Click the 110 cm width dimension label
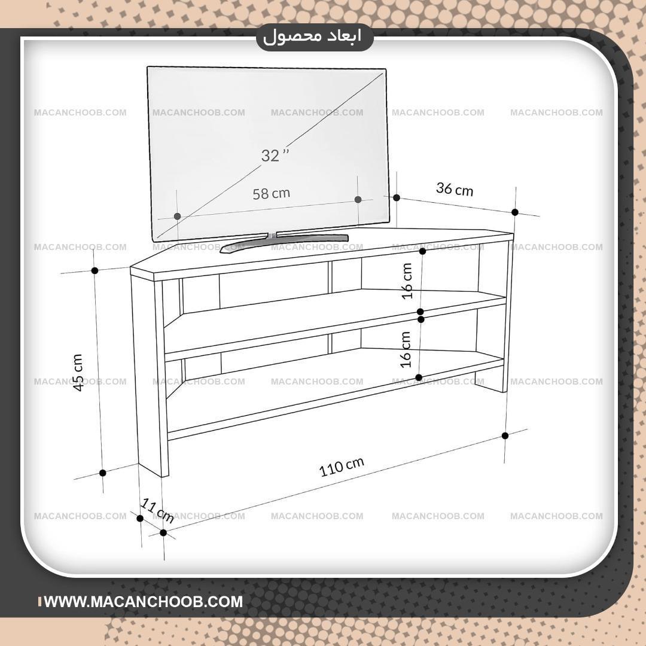click(x=342, y=467)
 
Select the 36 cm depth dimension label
click(x=455, y=189)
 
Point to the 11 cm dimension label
click(x=157, y=510)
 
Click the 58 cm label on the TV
click(x=271, y=193)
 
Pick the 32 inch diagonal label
click(x=275, y=156)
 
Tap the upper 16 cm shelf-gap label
click(x=407, y=281)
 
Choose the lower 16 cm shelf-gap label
click(x=406, y=349)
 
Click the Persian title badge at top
click(x=315, y=38)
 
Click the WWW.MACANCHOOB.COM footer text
click(x=144, y=602)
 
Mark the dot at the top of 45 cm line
click(x=95, y=271)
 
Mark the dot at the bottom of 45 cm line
click(x=103, y=473)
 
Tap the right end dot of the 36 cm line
click(x=515, y=212)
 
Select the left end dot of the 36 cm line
click(x=397, y=198)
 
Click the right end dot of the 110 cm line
click(x=505, y=436)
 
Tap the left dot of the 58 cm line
click(x=178, y=217)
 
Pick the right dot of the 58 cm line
click(x=358, y=199)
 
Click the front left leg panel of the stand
click(x=149, y=375)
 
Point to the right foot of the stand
click(x=491, y=382)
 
